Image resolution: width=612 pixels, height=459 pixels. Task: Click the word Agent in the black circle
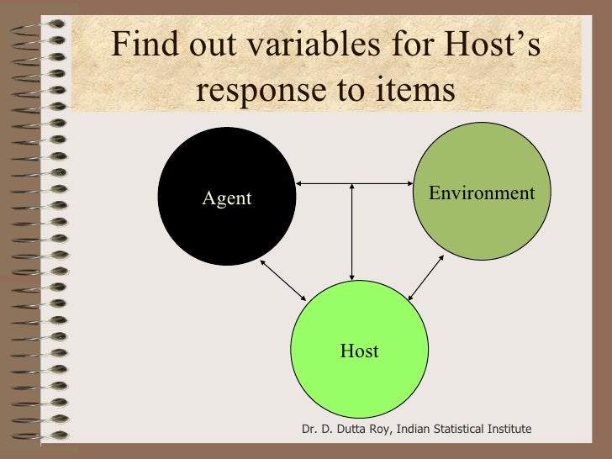click(x=227, y=198)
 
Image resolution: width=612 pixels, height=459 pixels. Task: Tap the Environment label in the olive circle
click(x=481, y=193)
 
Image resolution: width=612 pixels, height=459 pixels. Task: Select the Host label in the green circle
click(x=359, y=351)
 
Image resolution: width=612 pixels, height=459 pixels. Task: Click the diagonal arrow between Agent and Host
click(x=282, y=279)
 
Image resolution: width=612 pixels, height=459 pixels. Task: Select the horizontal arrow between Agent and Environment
click(x=353, y=182)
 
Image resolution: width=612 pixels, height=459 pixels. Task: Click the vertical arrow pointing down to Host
click(x=353, y=231)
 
